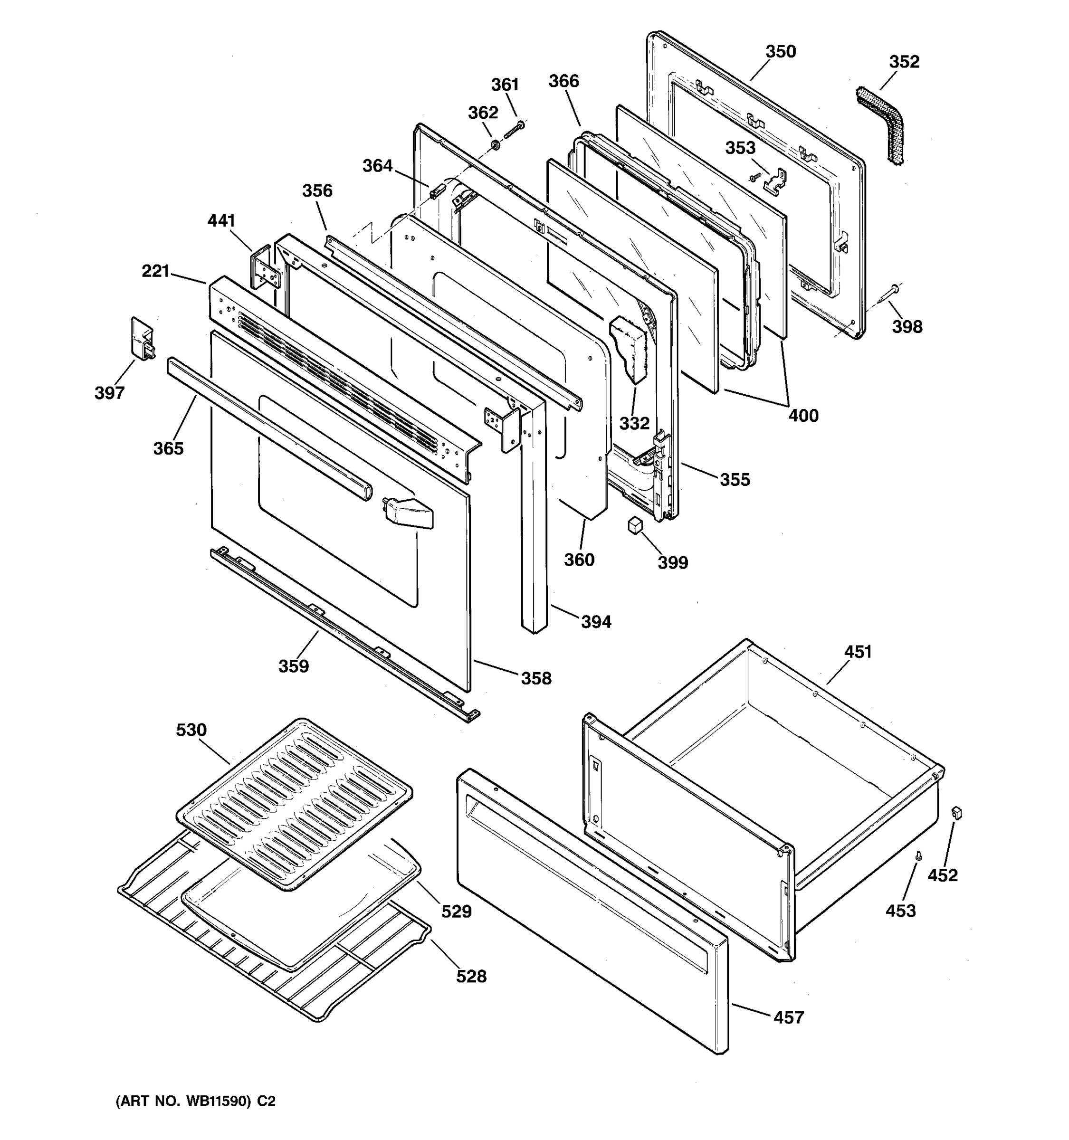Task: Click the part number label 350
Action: click(x=781, y=52)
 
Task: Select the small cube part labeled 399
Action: click(x=634, y=525)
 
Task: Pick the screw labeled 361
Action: click(x=513, y=130)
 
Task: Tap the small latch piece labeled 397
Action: click(x=142, y=338)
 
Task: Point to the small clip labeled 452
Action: click(x=956, y=813)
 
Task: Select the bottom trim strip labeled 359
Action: click(x=344, y=631)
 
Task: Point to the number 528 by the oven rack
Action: click(x=471, y=976)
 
